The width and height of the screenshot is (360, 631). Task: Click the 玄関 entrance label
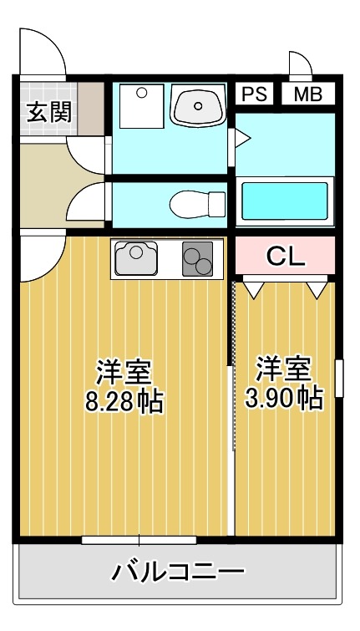pos(48,111)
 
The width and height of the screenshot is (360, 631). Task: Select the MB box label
pos(307,94)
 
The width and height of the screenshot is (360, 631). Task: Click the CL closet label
pos(285,257)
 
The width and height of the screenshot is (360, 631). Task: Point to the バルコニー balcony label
pos(179,572)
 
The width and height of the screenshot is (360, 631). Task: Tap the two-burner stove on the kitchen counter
pos(198,259)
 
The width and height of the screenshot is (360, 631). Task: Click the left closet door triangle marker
pos(254,289)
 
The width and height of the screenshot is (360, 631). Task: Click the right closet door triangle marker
pos(316,289)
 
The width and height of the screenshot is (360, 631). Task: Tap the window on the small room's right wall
pos(339,378)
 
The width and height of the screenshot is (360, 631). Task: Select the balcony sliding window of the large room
pos(139,540)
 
